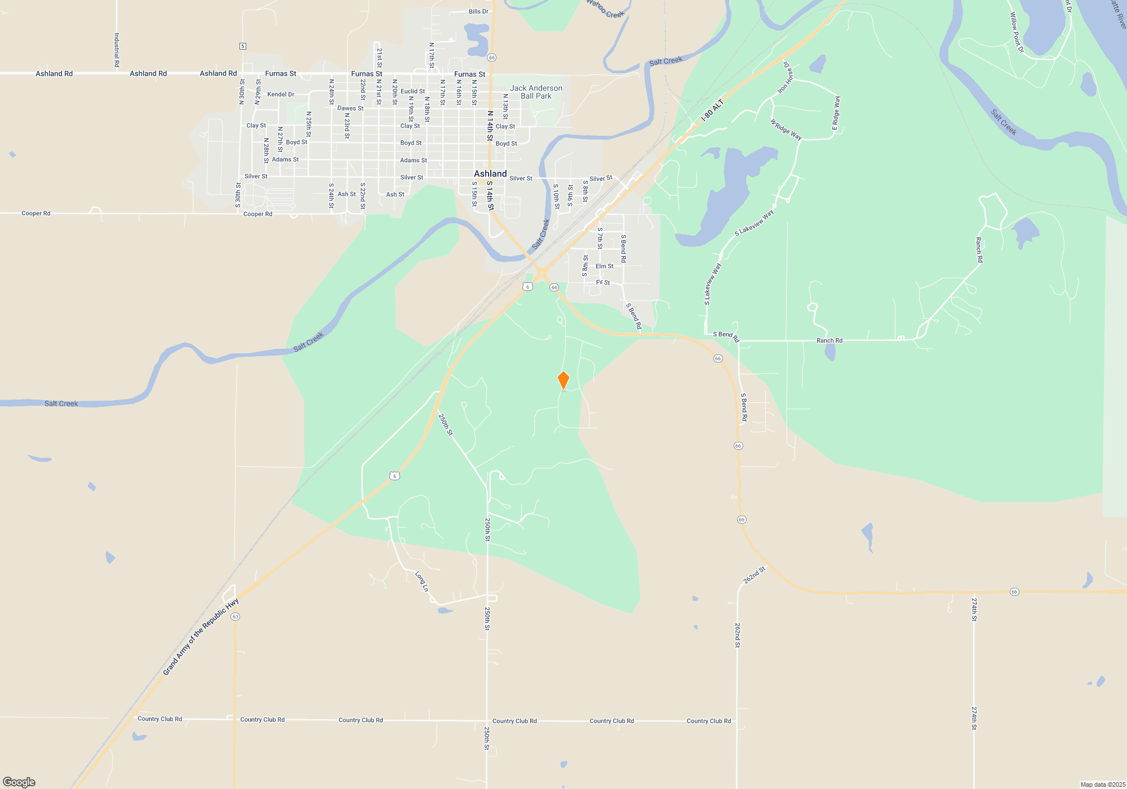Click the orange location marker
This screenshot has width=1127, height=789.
(563, 380)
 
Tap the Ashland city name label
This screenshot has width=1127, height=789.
(490, 174)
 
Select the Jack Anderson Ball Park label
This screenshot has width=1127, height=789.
(536, 92)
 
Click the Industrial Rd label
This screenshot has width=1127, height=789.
(117, 50)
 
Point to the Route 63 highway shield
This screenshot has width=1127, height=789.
(236, 617)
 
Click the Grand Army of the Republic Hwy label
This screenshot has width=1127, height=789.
(201, 637)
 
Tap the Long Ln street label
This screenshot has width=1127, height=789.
(421, 582)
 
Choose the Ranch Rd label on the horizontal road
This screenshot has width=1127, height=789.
(829, 340)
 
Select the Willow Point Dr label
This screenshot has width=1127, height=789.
(1016, 33)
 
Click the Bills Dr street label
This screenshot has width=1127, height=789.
(478, 11)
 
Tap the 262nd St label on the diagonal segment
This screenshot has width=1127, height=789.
(755, 575)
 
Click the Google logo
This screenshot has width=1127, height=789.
(19, 782)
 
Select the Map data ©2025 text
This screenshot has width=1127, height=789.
(1102, 784)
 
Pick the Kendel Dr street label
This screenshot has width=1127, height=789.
(281, 94)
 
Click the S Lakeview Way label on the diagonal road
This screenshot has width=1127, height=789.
(754, 223)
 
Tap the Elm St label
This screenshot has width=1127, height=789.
(605, 266)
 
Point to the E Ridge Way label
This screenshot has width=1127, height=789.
(836, 113)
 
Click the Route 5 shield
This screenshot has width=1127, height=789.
(243, 46)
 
